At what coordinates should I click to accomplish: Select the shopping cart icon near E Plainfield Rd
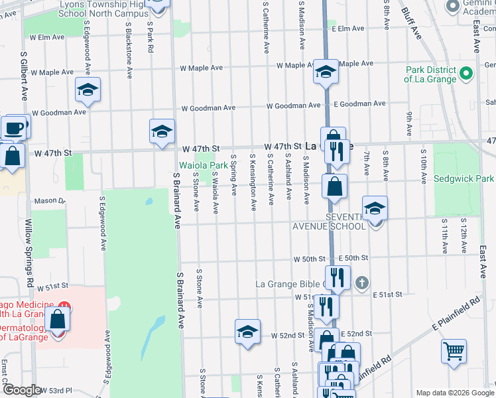(x=454, y=351)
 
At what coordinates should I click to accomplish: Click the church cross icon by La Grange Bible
(x=361, y=283)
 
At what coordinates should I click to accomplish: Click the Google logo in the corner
(x=21, y=390)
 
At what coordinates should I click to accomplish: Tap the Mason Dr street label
(x=50, y=200)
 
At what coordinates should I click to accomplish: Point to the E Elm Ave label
(x=349, y=29)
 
